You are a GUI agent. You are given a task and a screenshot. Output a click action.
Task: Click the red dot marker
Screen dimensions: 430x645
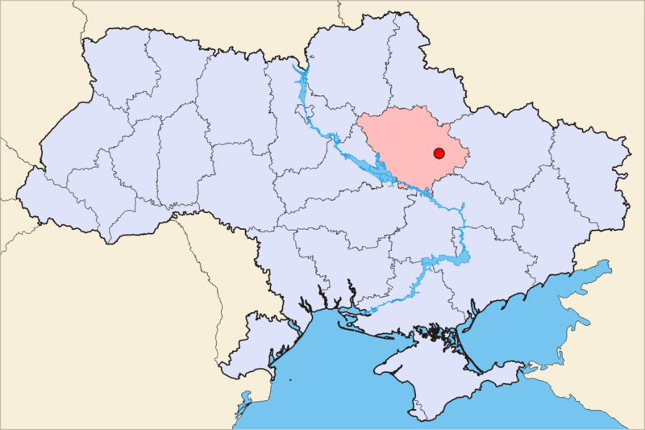(439, 153)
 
